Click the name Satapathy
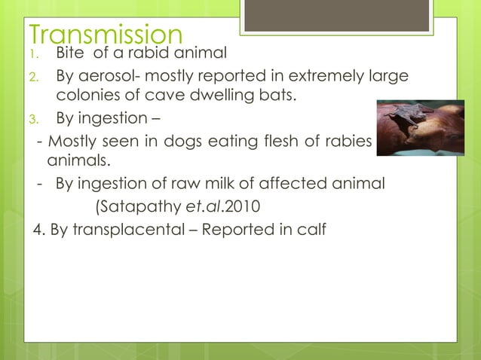point(144,204)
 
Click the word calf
point(313,227)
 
